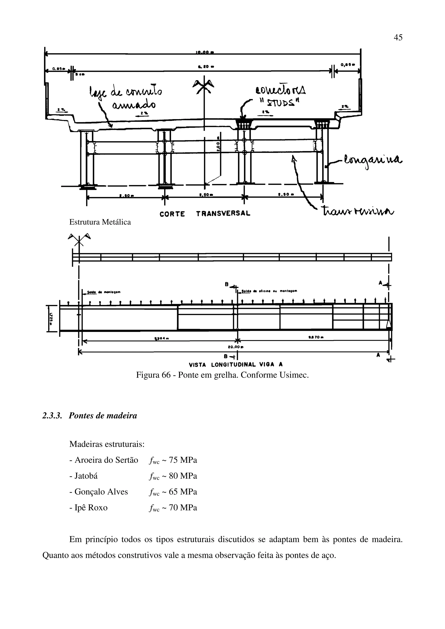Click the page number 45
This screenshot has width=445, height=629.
coord(398,37)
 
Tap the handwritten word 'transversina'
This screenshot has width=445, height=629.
coord(358,211)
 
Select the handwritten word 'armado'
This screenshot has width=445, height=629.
coord(134,104)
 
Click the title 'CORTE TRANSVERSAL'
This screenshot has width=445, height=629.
coord(205,214)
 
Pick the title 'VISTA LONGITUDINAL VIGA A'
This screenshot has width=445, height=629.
coord(236,365)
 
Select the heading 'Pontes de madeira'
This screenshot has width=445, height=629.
coord(103,416)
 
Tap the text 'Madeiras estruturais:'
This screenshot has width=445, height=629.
coord(107,444)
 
